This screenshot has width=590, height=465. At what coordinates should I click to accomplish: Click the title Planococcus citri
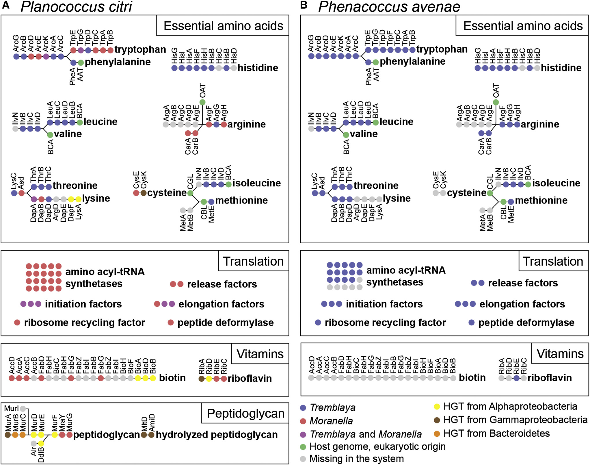[76, 7]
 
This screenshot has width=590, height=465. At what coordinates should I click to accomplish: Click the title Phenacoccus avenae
[389, 7]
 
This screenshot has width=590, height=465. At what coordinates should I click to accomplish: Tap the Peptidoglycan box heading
[245, 413]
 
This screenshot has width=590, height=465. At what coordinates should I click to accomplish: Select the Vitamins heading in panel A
[260, 354]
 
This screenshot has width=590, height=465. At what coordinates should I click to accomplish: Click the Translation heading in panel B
[553, 261]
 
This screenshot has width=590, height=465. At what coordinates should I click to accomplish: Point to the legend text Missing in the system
[356, 459]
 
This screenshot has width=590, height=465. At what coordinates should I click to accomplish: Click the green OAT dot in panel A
[202, 102]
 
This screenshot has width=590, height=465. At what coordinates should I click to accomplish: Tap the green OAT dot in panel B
[496, 102]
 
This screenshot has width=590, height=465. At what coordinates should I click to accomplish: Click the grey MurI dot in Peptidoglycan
[23, 409]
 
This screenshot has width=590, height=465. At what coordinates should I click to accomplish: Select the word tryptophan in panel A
[140, 49]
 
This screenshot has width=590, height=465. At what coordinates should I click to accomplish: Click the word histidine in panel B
[561, 68]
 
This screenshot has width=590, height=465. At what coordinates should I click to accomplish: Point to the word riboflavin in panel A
[250, 378]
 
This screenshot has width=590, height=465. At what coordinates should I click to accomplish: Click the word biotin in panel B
[472, 377]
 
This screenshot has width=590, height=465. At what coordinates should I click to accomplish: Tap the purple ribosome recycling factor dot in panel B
[318, 322]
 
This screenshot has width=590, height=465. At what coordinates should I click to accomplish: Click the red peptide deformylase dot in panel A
[171, 322]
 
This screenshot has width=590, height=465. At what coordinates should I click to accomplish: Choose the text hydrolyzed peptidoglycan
[217, 435]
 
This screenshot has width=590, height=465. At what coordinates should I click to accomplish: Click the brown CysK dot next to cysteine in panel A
[144, 193]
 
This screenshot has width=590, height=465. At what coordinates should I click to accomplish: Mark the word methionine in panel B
[541, 200]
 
